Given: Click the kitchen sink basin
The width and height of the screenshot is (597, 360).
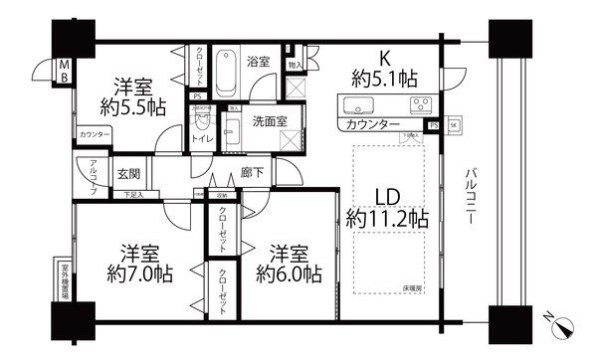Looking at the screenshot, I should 356,104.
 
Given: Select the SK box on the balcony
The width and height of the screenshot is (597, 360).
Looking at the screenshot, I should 453,125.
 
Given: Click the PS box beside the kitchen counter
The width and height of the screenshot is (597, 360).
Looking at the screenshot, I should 434,125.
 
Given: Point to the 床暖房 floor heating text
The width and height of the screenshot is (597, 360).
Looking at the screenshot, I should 414,286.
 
